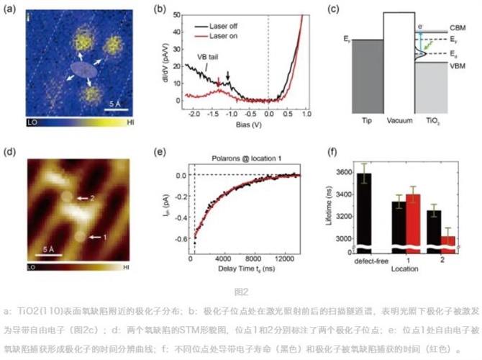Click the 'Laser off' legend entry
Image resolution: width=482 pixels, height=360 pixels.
[x=229, y=25]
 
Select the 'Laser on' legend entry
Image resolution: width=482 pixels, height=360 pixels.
[x=229, y=34]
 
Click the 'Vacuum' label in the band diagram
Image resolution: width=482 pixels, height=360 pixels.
[x=401, y=120]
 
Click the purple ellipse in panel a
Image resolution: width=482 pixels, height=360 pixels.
[x=83, y=69]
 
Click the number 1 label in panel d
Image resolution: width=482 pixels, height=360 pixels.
[x=104, y=235]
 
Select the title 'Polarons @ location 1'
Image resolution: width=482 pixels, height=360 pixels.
[x=242, y=156]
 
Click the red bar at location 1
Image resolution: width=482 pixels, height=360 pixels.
[x=413, y=220]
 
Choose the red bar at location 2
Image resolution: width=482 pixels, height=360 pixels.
[x=447, y=240]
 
